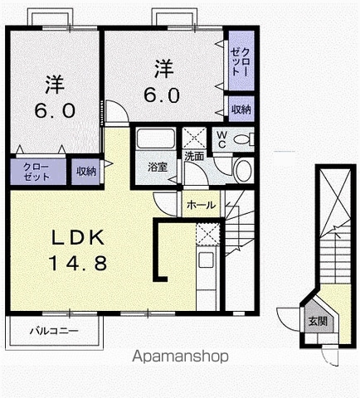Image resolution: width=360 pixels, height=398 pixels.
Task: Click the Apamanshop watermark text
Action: [180, 357]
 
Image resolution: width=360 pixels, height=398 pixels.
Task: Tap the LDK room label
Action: [79, 237]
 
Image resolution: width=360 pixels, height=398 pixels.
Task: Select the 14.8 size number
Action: [78, 263]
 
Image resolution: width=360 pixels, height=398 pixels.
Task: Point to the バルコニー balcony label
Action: [54, 331]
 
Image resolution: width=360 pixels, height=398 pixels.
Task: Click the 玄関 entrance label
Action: [318, 322]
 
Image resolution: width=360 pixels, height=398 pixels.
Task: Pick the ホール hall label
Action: [201, 206]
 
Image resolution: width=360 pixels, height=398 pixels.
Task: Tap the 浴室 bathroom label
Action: [158, 167]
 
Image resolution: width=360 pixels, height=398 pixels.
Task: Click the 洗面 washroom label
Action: [194, 157]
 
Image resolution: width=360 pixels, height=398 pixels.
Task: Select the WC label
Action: [221, 139]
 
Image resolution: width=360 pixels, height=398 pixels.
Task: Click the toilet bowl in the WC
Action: [244, 139]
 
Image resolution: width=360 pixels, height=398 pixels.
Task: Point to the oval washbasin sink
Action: [243, 171]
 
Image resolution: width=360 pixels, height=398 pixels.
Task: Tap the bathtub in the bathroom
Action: [156, 139]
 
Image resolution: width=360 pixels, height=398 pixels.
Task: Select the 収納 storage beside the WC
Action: [241, 109]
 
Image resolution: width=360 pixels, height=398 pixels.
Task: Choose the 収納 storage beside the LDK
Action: [86, 172]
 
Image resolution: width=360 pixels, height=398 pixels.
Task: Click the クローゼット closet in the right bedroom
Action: [241, 61]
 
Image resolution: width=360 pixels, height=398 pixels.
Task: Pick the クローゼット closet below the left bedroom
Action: [38, 172]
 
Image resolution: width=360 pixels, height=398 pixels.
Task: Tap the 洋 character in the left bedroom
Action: [55, 84]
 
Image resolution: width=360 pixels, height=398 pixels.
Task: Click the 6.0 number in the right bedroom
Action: [162, 95]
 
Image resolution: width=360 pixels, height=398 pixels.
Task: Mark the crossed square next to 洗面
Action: [194, 138]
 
